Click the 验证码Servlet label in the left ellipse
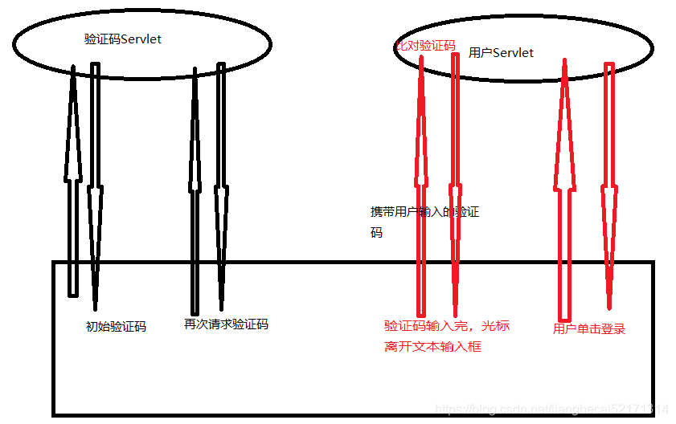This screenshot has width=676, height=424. (123, 39)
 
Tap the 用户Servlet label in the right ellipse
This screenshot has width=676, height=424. (501, 52)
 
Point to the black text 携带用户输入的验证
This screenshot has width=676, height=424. (424, 212)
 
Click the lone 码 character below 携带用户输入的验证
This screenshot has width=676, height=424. (376, 232)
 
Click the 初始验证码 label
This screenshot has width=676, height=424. (116, 327)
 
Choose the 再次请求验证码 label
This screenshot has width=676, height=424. (226, 324)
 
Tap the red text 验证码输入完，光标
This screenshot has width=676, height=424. (446, 326)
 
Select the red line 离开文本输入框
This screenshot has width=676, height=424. (432, 347)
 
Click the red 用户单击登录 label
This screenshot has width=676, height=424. (589, 328)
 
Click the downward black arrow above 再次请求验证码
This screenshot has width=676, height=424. (221, 193)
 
